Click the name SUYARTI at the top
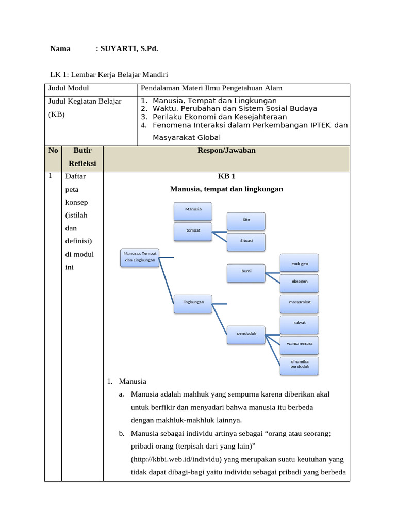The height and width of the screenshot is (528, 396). pyautogui.click(x=120, y=48)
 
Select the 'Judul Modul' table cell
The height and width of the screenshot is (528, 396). pyautogui.click(x=69, y=88)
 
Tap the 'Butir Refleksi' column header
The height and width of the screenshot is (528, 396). pyautogui.click(x=82, y=157)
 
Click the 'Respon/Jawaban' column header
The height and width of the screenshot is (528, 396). pyautogui.click(x=226, y=150)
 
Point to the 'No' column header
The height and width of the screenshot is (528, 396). pyautogui.click(x=53, y=150)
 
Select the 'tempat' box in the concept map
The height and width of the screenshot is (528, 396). pyautogui.click(x=193, y=230)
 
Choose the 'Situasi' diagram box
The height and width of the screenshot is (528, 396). pyautogui.click(x=246, y=241)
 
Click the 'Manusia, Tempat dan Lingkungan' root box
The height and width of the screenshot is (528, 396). pyautogui.click(x=140, y=257)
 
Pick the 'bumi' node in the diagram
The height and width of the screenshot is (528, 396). pyautogui.click(x=246, y=271)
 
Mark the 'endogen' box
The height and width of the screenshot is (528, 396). pyautogui.click(x=300, y=263)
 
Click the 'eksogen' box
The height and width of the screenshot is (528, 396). pyautogui.click(x=300, y=283)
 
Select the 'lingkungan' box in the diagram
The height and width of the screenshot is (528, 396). pyautogui.click(x=193, y=302)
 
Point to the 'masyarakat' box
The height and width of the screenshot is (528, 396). pyautogui.click(x=300, y=303)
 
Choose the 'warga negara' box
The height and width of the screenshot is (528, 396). pyautogui.click(x=300, y=343)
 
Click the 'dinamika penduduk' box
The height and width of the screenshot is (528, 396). pyautogui.click(x=300, y=364)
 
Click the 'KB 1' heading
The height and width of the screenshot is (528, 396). pyautogui.click(x=226, y=176)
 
